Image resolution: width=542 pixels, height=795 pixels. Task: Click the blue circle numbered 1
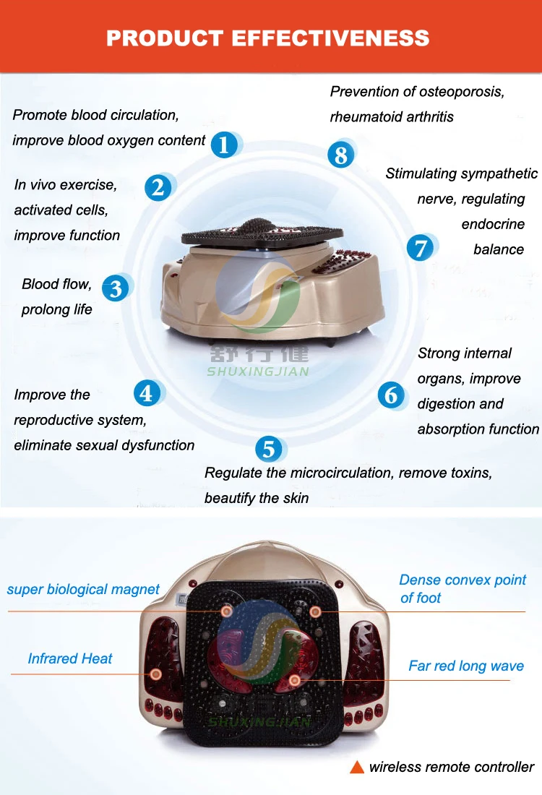[x=224, y=145]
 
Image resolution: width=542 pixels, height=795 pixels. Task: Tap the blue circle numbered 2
[x=158, y=187]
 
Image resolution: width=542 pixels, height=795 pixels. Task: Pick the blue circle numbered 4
[x=147, y=393]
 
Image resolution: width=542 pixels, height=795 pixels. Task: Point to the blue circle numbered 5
[x=268, y=449]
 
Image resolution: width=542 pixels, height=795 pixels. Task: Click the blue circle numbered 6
[x=391, y=395]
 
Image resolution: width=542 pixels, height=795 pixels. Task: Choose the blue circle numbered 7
[x=420, y=248]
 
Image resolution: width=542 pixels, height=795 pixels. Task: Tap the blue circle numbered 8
[x=340, y=154]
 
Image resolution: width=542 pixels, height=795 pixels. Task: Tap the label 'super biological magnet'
[x=83, y=589]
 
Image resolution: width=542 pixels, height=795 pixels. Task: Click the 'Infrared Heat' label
[x=70, y=658]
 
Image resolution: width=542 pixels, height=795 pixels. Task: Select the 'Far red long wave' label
[x=466, y=666]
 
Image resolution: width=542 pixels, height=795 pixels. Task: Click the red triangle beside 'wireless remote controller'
[x=356, y=768]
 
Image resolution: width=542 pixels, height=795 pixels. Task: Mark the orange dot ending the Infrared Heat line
[x=155, y=675]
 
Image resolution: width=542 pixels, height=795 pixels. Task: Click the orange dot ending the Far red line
[x=294, y=680]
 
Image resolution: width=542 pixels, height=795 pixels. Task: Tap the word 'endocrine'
[x=493, y=224]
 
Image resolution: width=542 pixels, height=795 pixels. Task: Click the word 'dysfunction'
[x=159, y=445]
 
